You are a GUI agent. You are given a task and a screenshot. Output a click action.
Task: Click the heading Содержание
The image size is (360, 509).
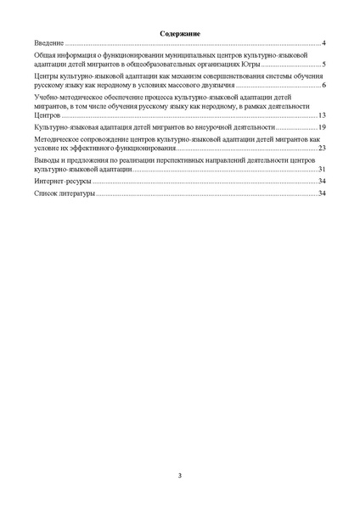coord(179,33)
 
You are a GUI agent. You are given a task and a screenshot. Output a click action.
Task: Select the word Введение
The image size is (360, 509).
coord(49,42)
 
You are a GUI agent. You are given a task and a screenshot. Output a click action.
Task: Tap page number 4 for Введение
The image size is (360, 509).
coord(324,42)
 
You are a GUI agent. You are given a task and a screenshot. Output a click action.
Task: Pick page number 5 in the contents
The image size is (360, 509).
coord(324,64)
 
